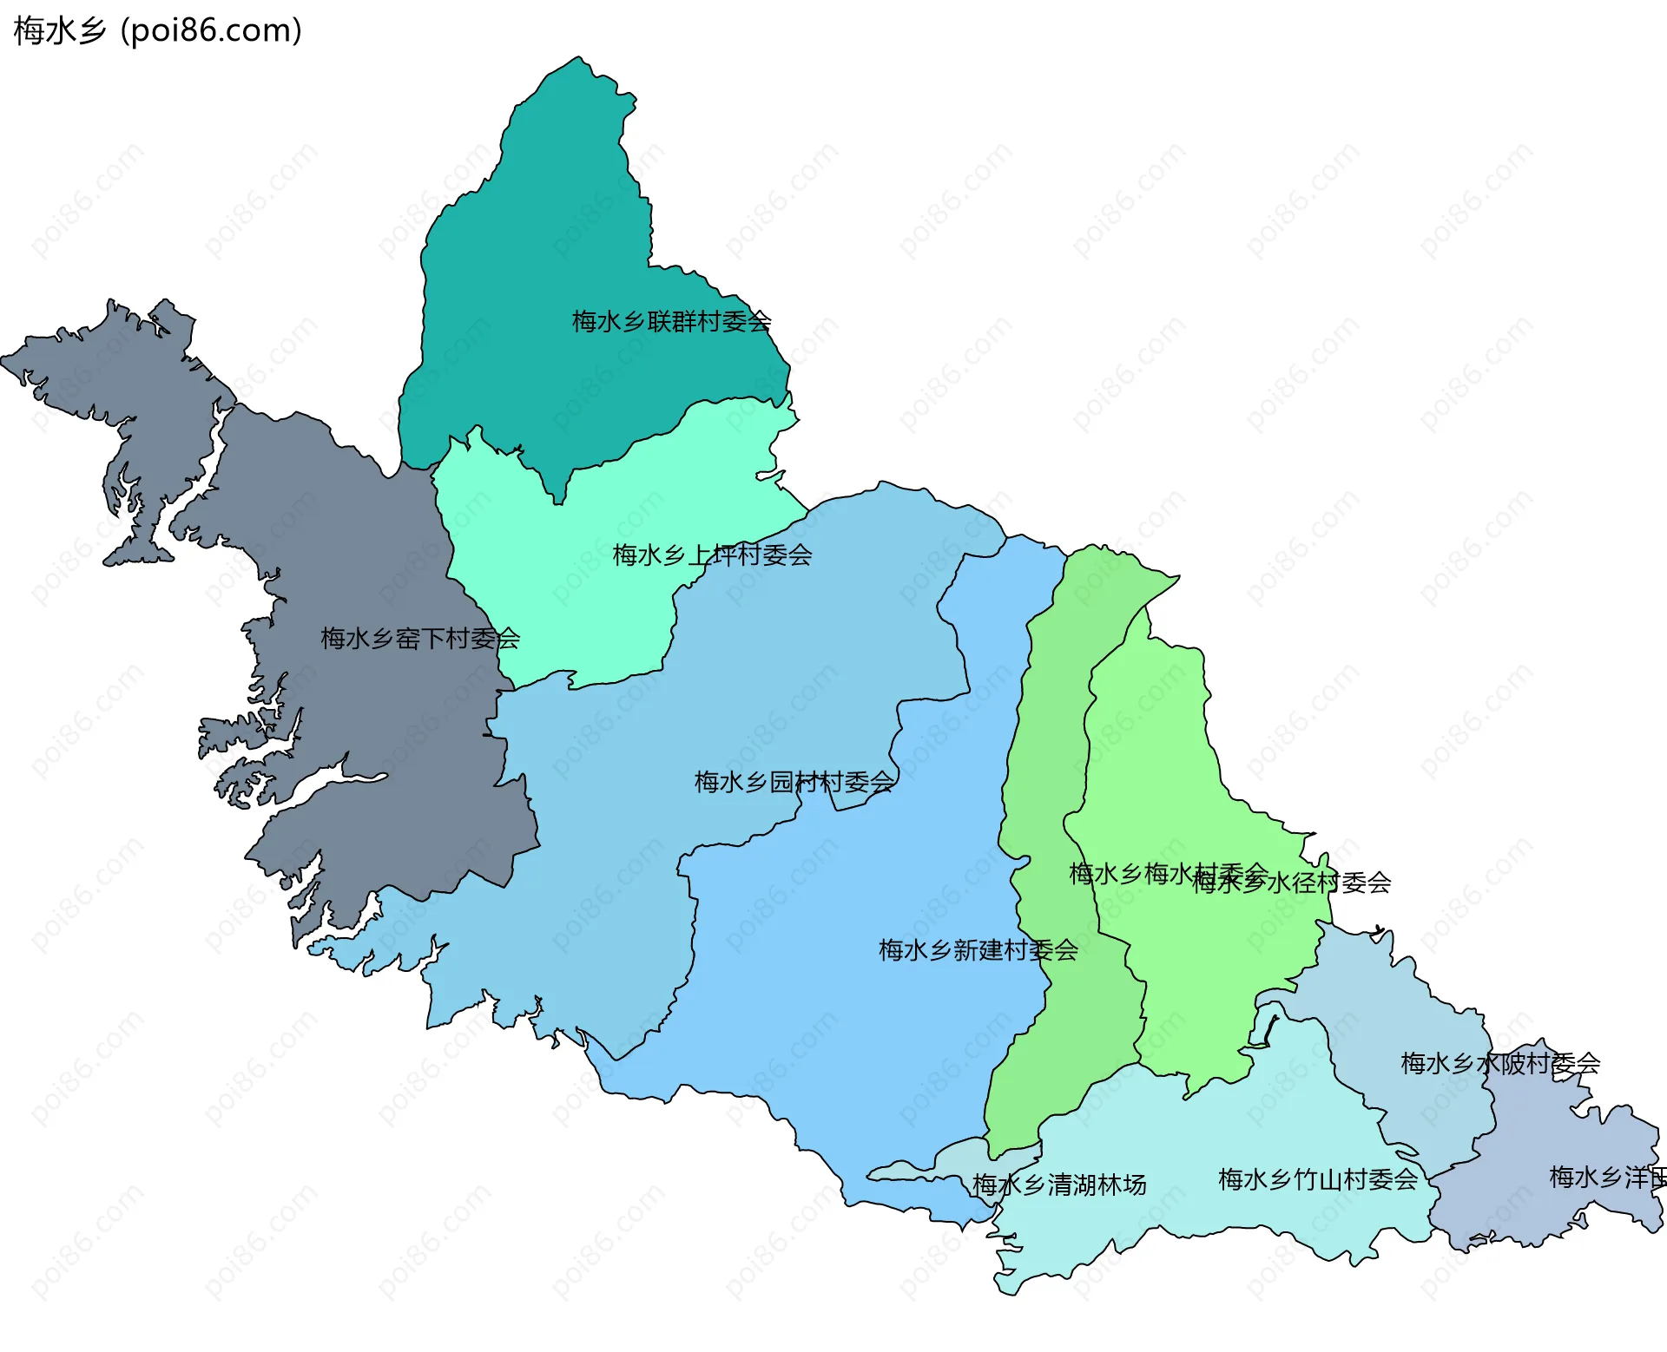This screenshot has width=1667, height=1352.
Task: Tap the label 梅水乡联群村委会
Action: [670, 322]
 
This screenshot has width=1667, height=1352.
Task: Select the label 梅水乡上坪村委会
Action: [712, 555]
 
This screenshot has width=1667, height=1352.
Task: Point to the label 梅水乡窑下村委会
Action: [419, 640]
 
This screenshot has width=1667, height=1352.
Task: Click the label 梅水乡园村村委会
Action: [794, 783]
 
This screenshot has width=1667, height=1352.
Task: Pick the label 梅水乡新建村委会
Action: [978, 950]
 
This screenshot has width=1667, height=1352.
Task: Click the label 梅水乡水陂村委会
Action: [1499, 1063]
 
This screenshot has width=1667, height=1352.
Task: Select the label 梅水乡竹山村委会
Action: [1317, 1180]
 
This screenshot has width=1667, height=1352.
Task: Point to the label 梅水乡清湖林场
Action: [1059, 1185]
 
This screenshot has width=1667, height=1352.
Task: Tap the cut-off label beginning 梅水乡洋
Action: [1606, 1178]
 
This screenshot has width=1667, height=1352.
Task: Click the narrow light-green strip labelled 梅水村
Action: [1051, 781]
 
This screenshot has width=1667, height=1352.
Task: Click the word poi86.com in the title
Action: [211, 30]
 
